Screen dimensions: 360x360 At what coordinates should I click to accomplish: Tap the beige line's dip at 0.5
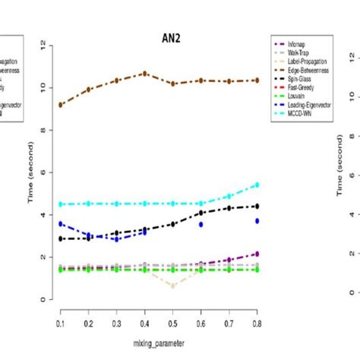click(173, 286)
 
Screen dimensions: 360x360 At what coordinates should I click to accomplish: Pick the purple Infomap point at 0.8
click(257, 254)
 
